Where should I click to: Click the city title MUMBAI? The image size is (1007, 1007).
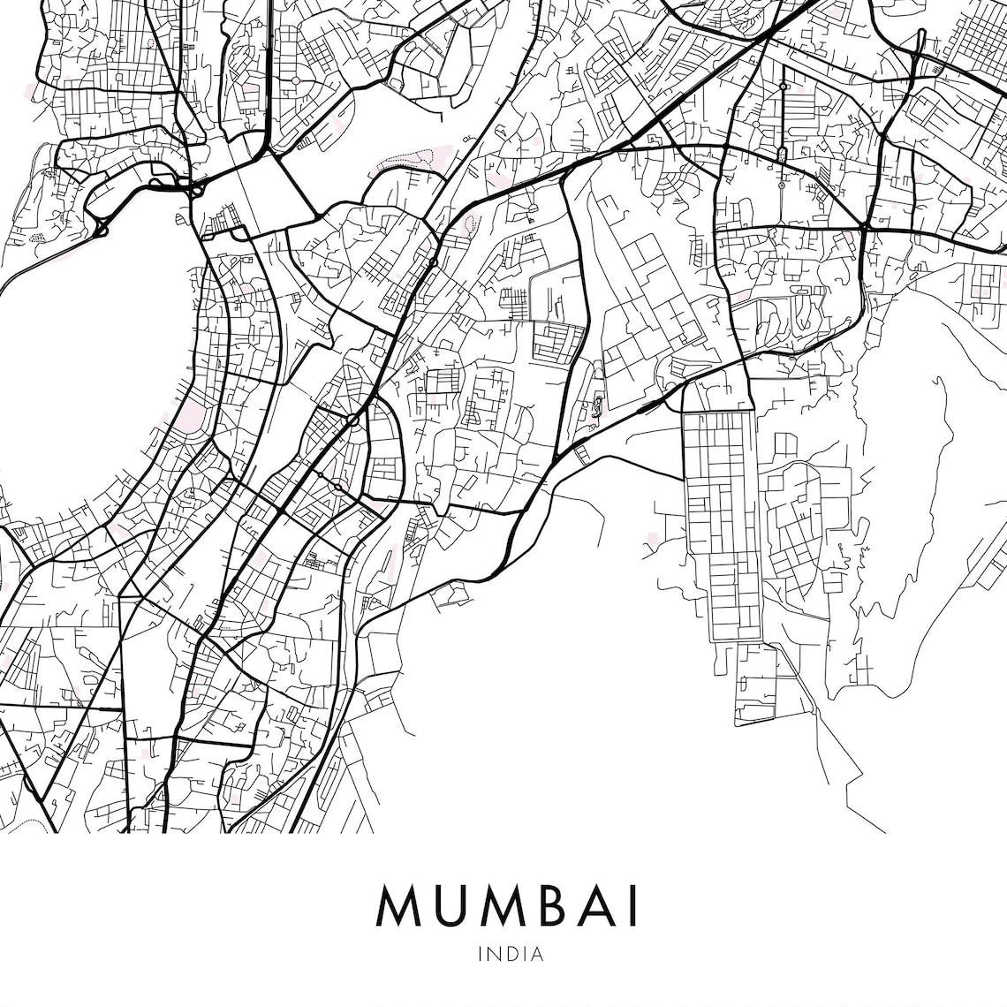tap(507, 905)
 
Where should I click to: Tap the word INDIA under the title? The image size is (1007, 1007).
tap(510, 954)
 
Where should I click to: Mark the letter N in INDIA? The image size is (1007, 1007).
tap(494, 954)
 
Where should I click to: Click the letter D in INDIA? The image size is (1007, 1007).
tap(510, 954)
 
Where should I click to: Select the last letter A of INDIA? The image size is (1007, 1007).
tap(537, 954)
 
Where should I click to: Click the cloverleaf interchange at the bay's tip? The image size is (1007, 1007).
tap(191, 186)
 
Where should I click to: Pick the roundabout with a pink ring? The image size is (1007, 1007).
tap(352, 420)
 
